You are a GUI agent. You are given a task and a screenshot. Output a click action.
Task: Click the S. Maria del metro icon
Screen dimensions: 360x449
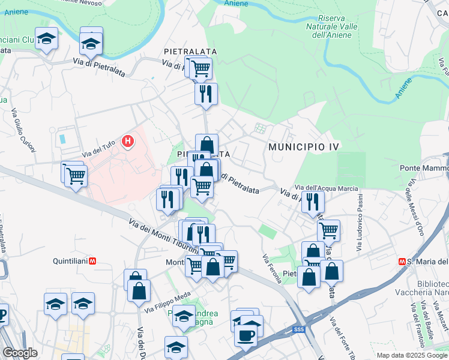click(x=402, y=262)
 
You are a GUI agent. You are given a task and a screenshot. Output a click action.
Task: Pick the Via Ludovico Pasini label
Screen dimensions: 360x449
click(x=360, y=223)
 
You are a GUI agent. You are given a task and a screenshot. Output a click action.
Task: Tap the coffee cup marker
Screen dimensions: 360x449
click(x=246, y=334)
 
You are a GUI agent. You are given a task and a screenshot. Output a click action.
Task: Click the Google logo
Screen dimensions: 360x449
click(x=20, y=353)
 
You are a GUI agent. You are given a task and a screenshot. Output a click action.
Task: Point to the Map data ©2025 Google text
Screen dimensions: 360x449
click(x=412, y=355)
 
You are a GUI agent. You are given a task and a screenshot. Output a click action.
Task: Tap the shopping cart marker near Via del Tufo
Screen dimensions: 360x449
click(x=76, y=176)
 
